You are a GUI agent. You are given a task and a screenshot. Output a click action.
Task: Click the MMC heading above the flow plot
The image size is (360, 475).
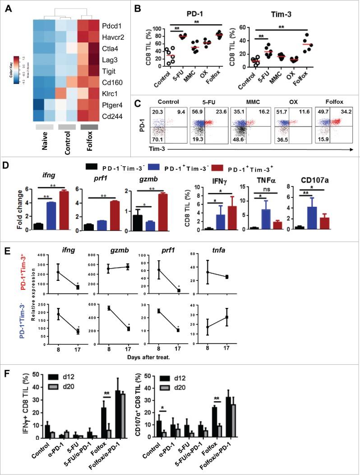[247, 102]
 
